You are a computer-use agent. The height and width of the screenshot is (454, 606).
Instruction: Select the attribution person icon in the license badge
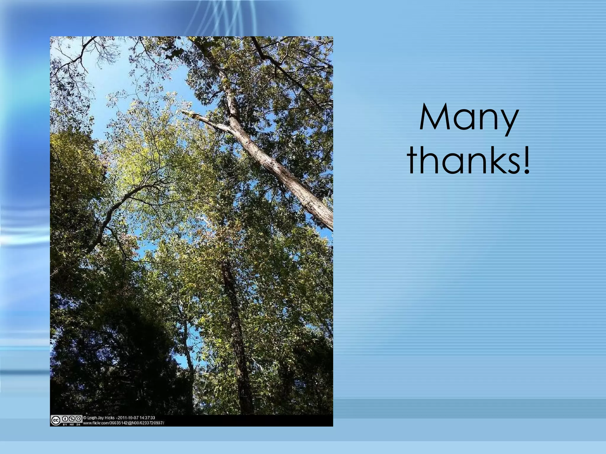pyautogui.click(x=65, y=419)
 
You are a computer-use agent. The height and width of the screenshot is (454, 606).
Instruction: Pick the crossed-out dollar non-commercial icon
pyautogui.click(x=72, y=419)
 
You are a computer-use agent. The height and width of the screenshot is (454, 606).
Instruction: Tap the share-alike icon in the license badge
pyautogui.click(x=78, y=419)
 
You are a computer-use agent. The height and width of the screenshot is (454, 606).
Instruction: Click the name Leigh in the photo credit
pyautogui.click(x=92, y=418)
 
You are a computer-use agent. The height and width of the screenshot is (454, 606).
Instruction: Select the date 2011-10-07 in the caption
pyautogui.click(x=128, y=418)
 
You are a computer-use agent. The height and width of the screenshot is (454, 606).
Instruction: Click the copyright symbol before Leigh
pyautogui.click(x=85, y=418)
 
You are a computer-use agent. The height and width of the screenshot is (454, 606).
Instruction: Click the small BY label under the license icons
pyautogui.click(x=65, y=424)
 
